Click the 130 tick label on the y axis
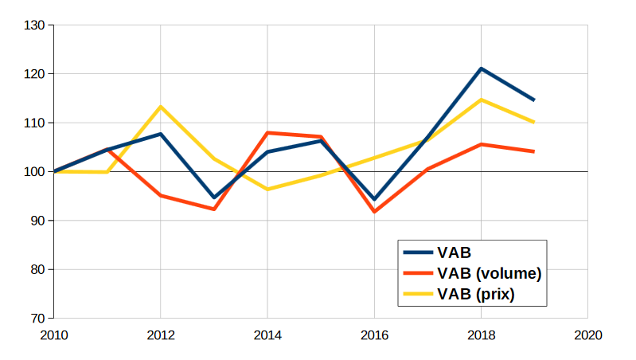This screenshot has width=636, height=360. point(35,25)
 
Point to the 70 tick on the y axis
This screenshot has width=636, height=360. point(38,319)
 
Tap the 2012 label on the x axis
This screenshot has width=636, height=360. point(161,335)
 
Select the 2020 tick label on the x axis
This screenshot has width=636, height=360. point(587,335)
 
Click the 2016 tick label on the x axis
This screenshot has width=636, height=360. point(374,335)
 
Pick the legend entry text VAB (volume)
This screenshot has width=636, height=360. point(489,273)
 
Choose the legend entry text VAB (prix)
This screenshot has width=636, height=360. point(476,294)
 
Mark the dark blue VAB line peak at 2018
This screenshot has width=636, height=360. point(481,68)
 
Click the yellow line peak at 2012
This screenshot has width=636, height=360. point(161,107)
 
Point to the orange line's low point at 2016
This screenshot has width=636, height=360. point(374,212)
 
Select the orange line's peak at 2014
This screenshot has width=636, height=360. point(267,133)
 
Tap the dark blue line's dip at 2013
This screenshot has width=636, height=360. point(214,198)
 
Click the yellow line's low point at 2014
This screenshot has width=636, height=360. point(267,190)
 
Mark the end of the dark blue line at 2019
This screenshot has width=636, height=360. point(533,100)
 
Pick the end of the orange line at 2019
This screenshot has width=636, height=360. point(533,151)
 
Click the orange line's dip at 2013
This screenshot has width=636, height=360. point(214,209)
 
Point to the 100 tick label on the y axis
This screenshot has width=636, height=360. point(35,172)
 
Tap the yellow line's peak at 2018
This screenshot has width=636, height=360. point(481,100)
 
